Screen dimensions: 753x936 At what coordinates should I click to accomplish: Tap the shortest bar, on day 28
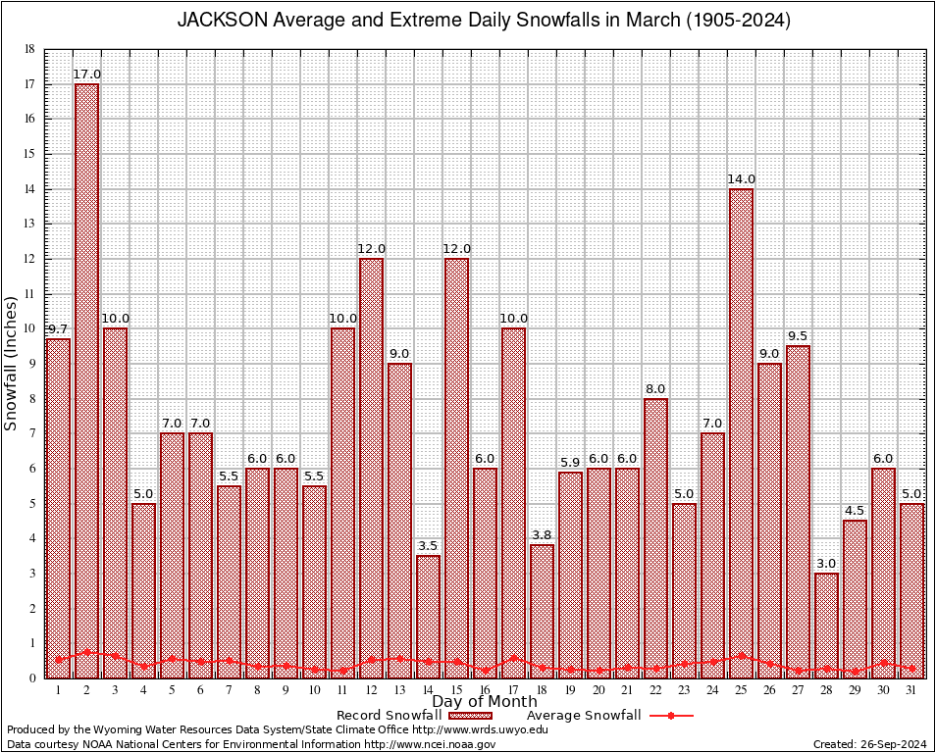coord(826,624)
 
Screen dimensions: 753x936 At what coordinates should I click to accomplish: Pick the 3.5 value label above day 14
coord(428,546)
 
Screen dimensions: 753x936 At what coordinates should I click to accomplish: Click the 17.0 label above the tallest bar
coord(86,75)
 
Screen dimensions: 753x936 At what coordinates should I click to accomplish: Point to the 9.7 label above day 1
coord(58,329)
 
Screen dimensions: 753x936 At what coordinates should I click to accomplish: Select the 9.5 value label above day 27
coord(798,336)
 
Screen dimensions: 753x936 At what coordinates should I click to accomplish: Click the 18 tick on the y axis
coord(29,49)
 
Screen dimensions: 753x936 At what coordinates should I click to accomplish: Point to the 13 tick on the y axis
coord(29,224)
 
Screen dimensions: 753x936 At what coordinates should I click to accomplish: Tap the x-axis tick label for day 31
coord(911,690)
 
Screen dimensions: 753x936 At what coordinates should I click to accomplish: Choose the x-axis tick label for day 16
coord(485,690)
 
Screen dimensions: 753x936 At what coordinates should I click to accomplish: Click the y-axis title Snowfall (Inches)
coord(12,363)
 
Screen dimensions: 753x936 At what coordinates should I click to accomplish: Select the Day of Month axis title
coord(485,702)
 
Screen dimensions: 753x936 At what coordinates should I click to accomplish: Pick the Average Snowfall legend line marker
coord(671,716)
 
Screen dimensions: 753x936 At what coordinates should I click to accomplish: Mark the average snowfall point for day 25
coord(741,655)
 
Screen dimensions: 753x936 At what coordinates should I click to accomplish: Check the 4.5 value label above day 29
coord(855,511)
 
